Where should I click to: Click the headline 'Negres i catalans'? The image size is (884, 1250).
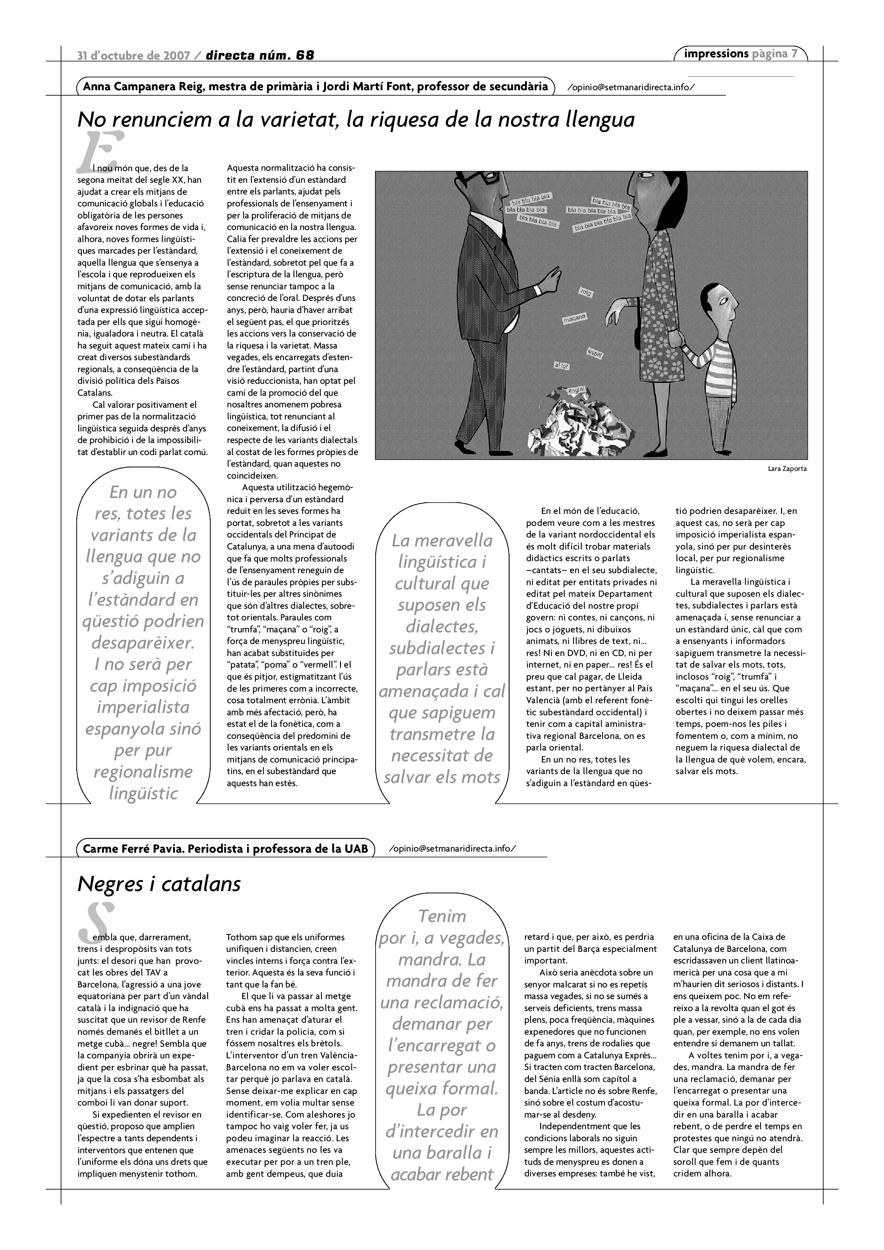[x=159, y=884]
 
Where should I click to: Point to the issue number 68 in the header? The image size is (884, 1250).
[x=306, y=55]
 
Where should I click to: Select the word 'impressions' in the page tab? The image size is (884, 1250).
[x=716, y=53]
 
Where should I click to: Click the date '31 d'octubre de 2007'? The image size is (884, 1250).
[x=134, y=55]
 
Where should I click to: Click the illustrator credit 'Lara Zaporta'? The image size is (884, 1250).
[x=787, y=468]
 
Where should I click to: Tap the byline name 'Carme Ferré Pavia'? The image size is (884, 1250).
[x=133, y=849]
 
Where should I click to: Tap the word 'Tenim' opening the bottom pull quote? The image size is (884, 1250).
[x=442, y=916]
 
